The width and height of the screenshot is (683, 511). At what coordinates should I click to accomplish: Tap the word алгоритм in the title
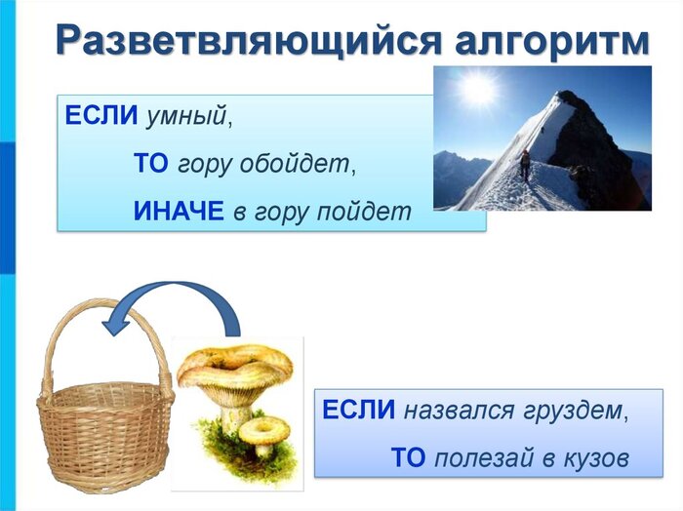pyautogui.click(x=552, y=40)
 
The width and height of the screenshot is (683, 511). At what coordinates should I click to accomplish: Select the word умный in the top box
pyautogui.click(x=186, y=116)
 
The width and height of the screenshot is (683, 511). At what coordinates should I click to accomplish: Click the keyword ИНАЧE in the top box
pyautogui.click(x=179, y=211)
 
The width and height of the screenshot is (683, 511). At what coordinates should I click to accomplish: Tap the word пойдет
pyautogui.click(x=364, y=212)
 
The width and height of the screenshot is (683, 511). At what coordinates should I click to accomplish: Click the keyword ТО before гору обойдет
pyautogui.click(x=150, y=164)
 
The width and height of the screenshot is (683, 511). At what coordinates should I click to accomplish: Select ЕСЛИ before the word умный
pyautogui.click(x=101, y=116)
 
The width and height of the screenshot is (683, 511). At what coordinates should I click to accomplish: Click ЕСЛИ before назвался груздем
pyautogui.click(x=358, y=410)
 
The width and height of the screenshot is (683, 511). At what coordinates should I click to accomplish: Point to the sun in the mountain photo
pyautogui.click(x=477, y=90)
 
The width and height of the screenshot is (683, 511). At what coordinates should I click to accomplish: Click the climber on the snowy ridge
pyautogui.click(x=526, y=164)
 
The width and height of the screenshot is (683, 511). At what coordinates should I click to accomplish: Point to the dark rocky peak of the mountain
pyautogui.click(x=597, y=143)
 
